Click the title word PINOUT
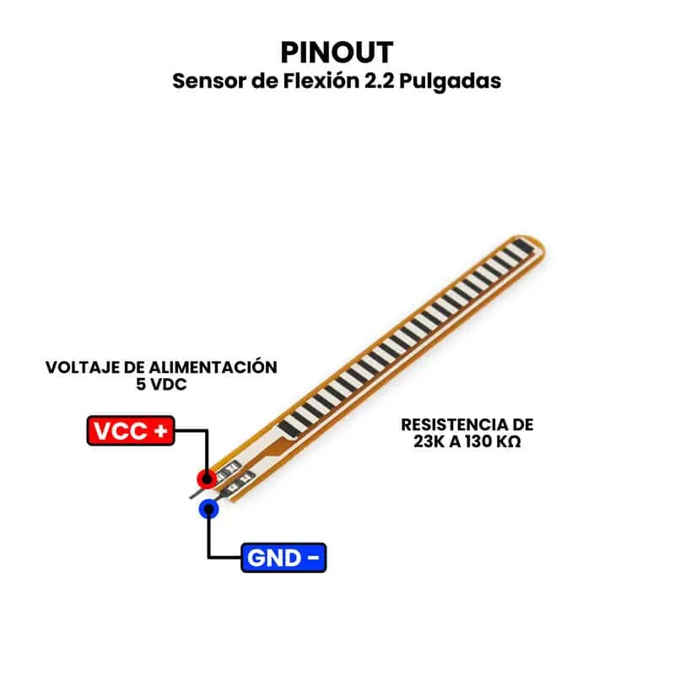tap(337, 52)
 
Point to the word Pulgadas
tap(453, 82)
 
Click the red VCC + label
tap(131, 431)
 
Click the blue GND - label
tap(283, 558)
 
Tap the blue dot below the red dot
tap(208, 509)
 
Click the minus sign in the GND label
tap(312, 558)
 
